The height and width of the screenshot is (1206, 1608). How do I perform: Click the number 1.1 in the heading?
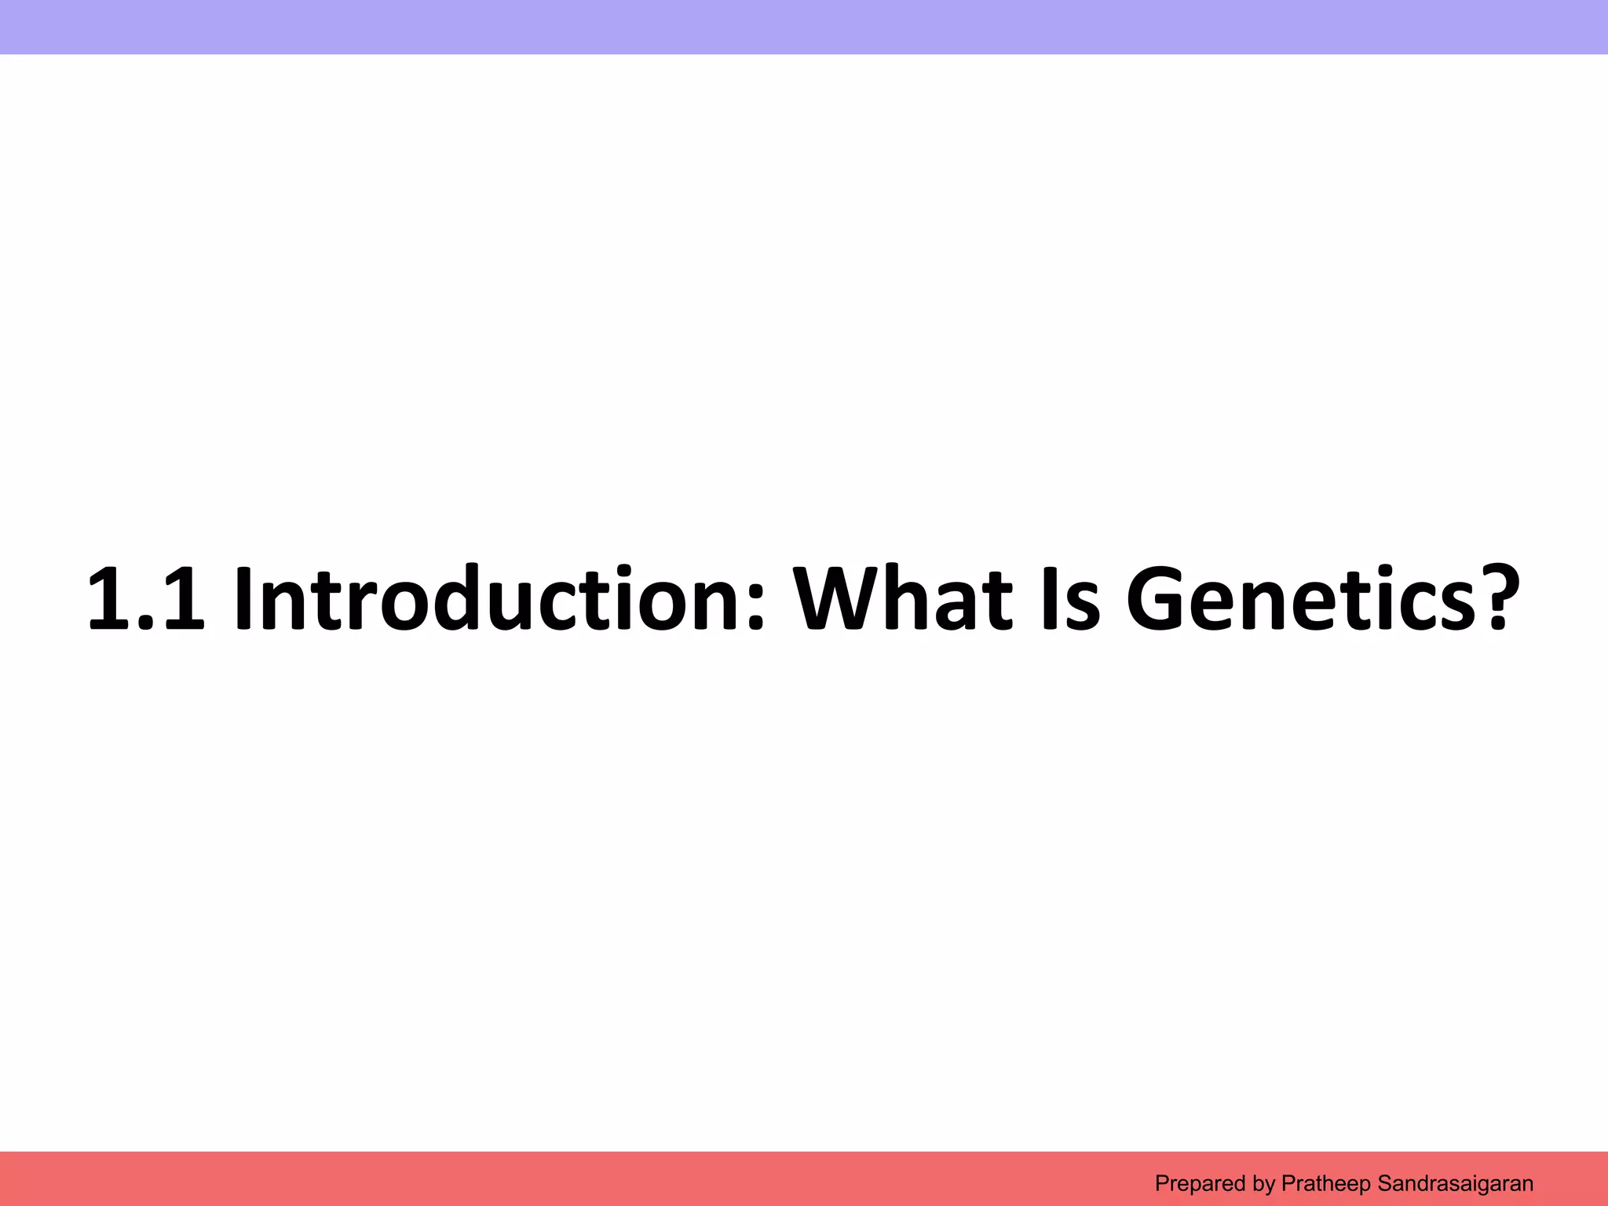tap(146, 599)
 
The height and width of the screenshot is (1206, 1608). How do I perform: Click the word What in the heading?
tap(903, 599)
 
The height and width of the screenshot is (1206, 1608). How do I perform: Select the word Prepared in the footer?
tap(1200, 1183)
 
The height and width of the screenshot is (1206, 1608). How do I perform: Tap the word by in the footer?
tap(1264, 1183)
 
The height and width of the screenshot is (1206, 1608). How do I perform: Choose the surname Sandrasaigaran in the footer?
tap(1455, 1183)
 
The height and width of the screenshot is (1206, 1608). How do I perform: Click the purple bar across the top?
tap(804, 27)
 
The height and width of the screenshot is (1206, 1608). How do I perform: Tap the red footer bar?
tap(550, 1179)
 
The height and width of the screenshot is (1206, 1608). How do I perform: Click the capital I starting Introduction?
tap(245, 599)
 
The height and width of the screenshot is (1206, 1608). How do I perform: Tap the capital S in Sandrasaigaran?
tap(1385, 1183)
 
